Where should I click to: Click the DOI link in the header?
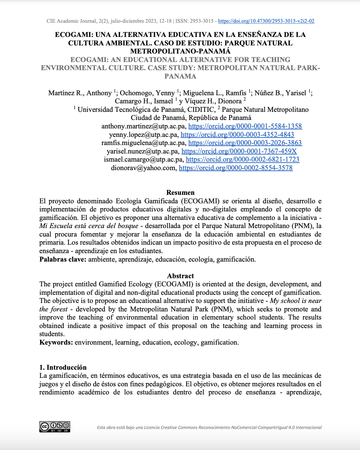(266, 21)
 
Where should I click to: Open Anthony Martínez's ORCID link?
(245, 126)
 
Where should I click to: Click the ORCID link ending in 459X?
(239, 151)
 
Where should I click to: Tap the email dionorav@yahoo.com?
(143, 168)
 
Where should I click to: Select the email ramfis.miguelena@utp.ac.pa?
(143, 143)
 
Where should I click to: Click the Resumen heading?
(180, 193)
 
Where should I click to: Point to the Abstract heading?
(180, 276)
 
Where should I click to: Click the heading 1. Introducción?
(63, 367)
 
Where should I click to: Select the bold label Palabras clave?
(63, 260)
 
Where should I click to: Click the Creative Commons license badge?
(55, 427)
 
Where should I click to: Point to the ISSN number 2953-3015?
(202, 21)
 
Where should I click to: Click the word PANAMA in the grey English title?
(180, 76)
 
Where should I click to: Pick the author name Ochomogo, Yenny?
(147, 93)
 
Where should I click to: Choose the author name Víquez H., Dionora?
(213, 101)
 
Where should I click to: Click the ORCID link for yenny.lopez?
(237, 135)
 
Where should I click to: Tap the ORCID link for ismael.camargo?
(242, 160)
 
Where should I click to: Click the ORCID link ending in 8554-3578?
(236, 168)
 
